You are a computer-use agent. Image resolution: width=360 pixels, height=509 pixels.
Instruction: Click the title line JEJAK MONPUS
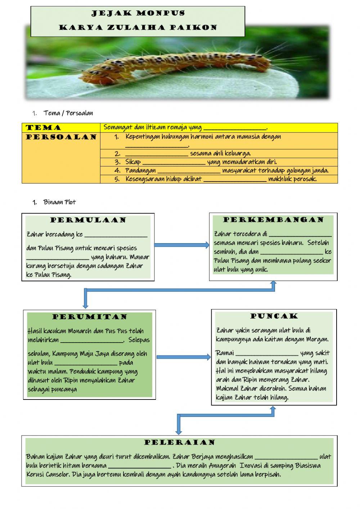(x=138, y=14)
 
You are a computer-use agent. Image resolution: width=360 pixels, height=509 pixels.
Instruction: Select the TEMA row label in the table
(x=43, y=128)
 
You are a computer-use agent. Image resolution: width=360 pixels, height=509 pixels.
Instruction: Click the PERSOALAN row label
(x=61, y=137)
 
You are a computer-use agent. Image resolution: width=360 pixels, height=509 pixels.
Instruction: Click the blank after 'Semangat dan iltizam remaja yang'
(x=235, y=128)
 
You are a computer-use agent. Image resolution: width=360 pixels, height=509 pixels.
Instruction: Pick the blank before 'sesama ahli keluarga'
(x=157, y=154)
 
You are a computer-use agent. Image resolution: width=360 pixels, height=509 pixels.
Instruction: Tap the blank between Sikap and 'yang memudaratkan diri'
(x=174, y=162)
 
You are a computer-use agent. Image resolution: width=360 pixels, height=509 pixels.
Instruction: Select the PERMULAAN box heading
(x=88, y=220)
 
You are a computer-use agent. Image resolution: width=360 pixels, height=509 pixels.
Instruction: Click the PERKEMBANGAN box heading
(x=274, y=220)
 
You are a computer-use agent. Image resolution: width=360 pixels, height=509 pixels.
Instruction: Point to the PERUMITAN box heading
(x=90, y=317)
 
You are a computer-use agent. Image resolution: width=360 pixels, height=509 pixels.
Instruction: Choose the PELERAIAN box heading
(x=180, y=442)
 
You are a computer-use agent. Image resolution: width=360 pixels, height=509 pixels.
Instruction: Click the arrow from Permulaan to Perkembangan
(x=182, y=245)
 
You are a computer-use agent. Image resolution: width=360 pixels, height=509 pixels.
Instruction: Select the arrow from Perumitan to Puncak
(x=184, y=357)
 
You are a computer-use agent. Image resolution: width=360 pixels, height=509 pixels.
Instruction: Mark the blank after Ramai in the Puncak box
(x=267, y=353)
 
